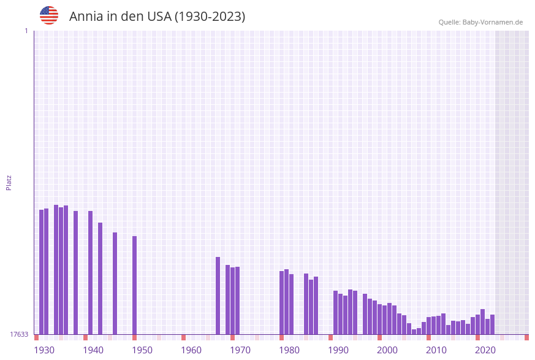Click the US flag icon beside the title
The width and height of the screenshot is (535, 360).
coord(49,16)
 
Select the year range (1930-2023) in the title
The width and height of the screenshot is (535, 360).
coord(210,17)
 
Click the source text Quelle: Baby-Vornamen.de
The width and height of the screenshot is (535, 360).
coord(480,22)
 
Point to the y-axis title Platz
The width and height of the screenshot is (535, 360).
coord(9,182)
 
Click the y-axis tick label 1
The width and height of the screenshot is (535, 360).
coord(26,31)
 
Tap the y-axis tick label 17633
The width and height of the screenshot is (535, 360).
coord(19,334)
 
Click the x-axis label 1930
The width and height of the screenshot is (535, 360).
coord(44,350)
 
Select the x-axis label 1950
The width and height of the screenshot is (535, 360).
coord(142,350)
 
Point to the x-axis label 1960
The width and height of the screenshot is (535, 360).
coord(191,350)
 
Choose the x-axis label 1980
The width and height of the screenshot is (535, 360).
coord(289,350)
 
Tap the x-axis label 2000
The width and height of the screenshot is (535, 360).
coord(387,350)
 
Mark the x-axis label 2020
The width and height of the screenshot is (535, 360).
coord(485,350)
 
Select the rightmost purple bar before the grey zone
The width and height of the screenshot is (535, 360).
coord(492,324)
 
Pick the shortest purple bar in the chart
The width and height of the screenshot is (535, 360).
coord(414,332)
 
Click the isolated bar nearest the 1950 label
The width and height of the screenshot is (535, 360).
coord(134,285)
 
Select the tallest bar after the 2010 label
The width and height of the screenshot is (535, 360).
coord(482,321)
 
